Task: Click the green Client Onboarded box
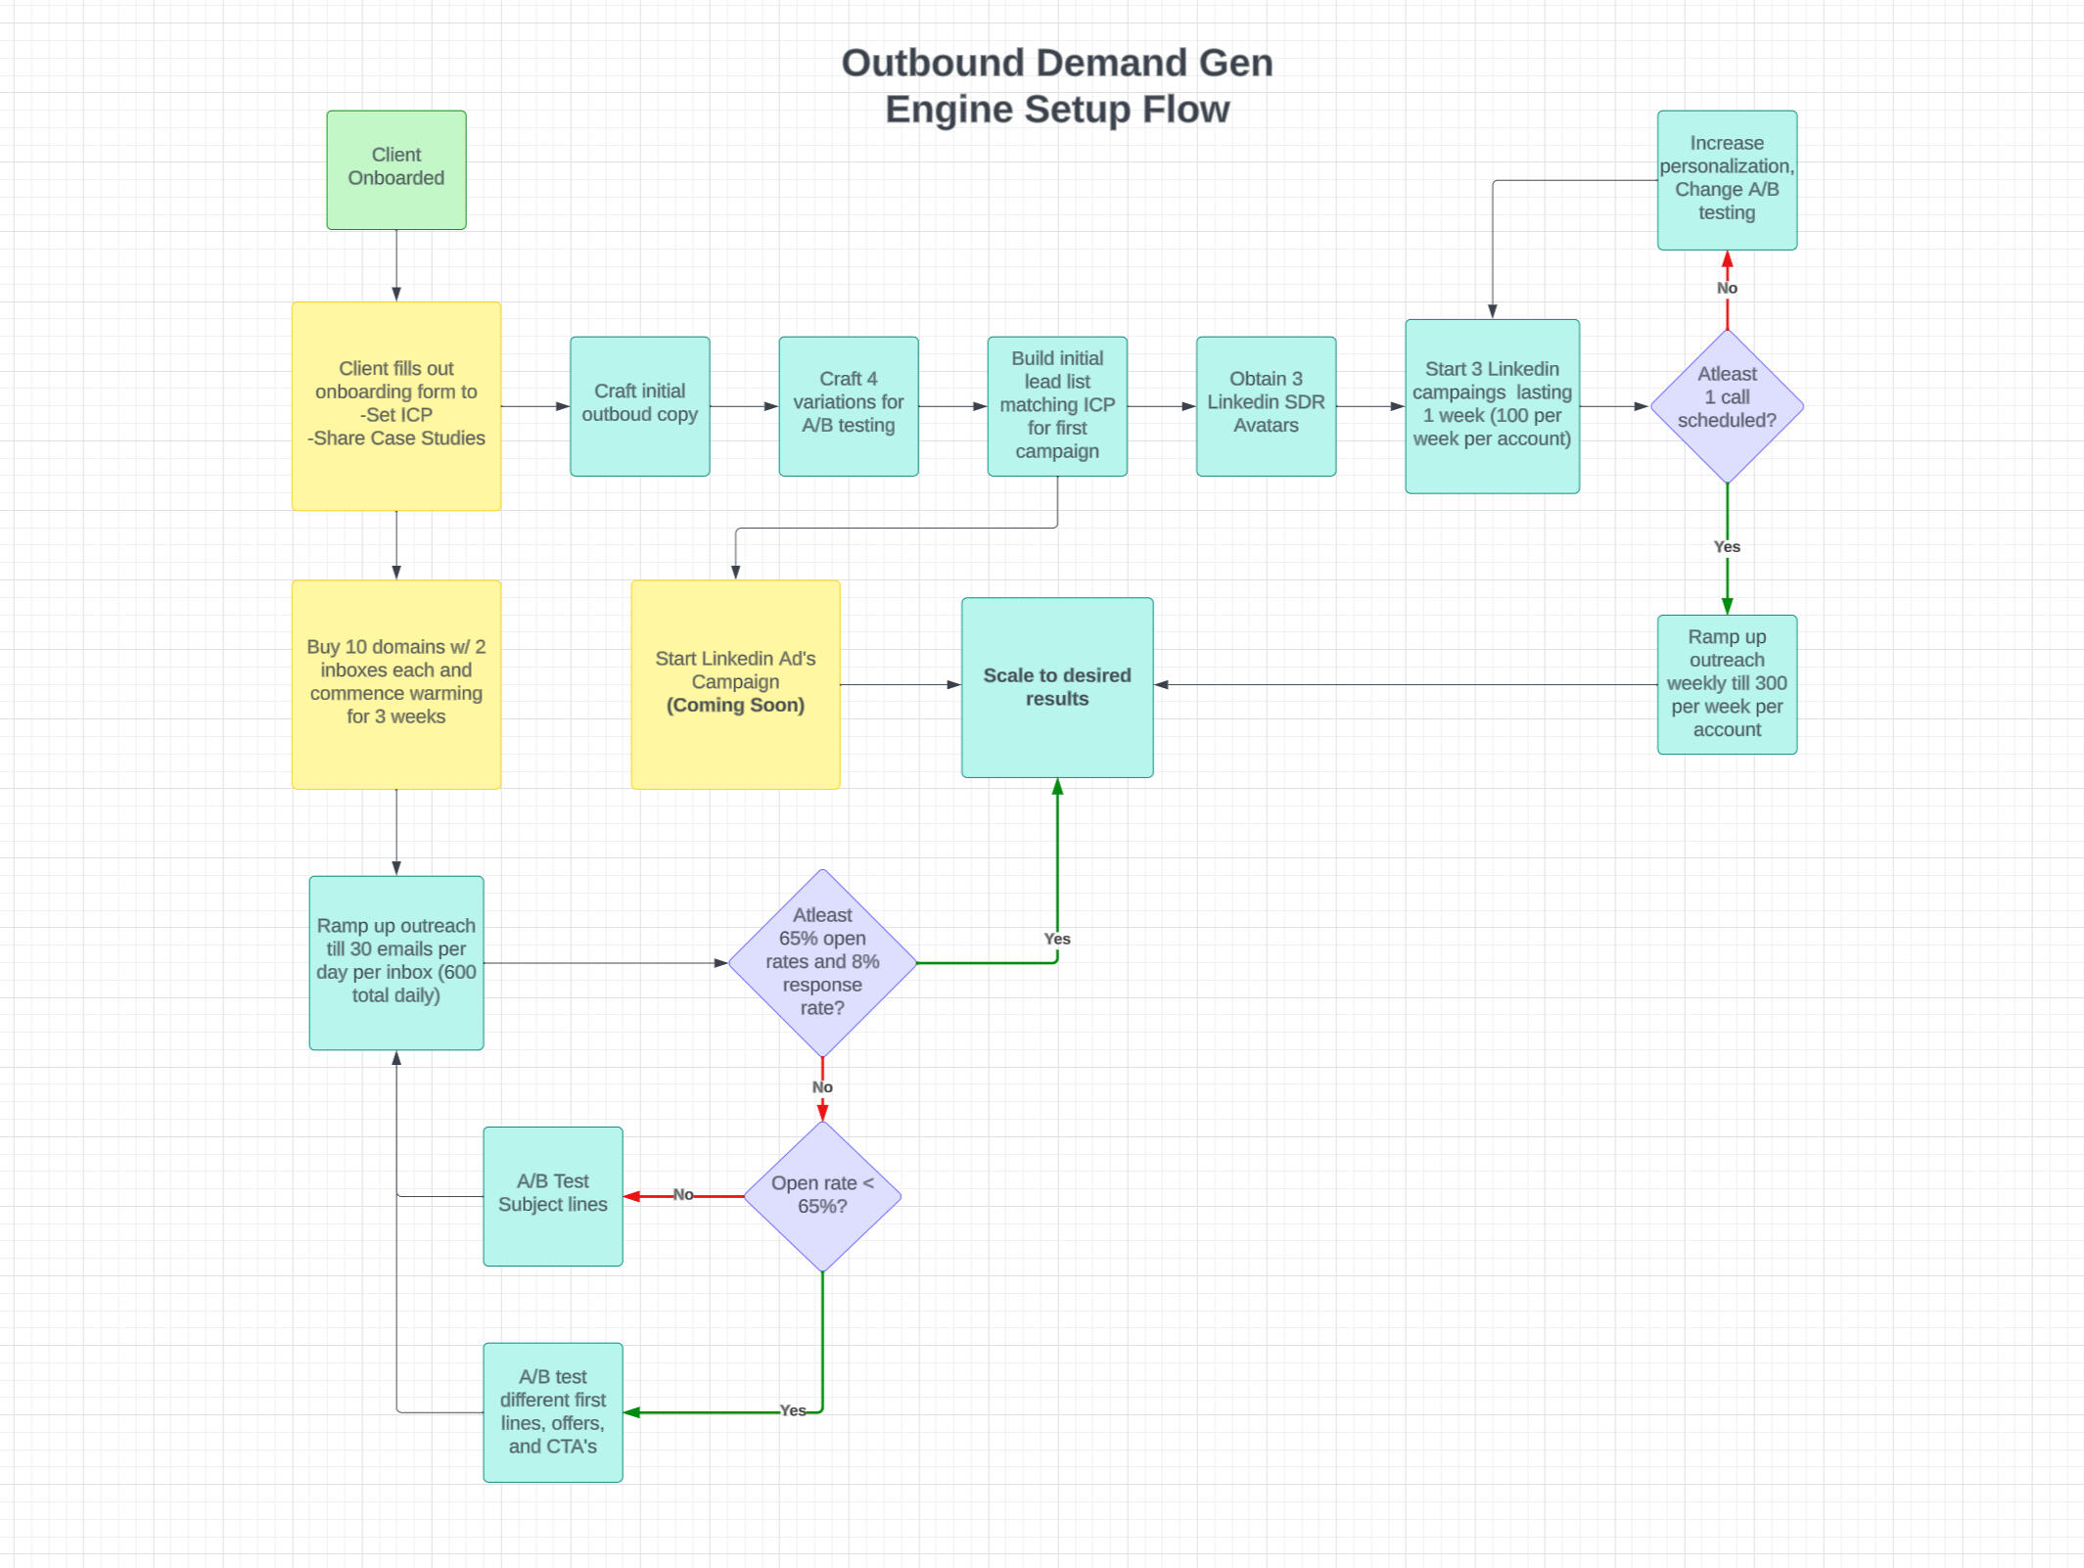(395, 169)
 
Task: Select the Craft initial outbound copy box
(639, 405)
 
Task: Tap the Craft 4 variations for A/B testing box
(848, 405)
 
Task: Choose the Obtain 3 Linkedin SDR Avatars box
(1265, 405)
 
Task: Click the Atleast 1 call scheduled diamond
(1726, 405)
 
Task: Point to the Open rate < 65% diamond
(822, 1195)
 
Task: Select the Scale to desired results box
(1056, 687)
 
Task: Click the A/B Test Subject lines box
(552, 1195)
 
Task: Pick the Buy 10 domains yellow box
(395, 683)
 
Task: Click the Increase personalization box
(1726, 179)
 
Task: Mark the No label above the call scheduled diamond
(1726, 288)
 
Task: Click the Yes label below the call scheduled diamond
(1726, 546)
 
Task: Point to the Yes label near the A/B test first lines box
(792, 1410)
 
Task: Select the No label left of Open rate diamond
(682, 1194)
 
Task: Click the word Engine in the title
(949, 110)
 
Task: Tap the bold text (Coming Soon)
(735, 706)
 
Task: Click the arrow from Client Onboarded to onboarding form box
(395, 264)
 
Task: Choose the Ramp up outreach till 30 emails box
(395, 961)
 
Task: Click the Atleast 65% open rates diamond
(822, 961)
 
